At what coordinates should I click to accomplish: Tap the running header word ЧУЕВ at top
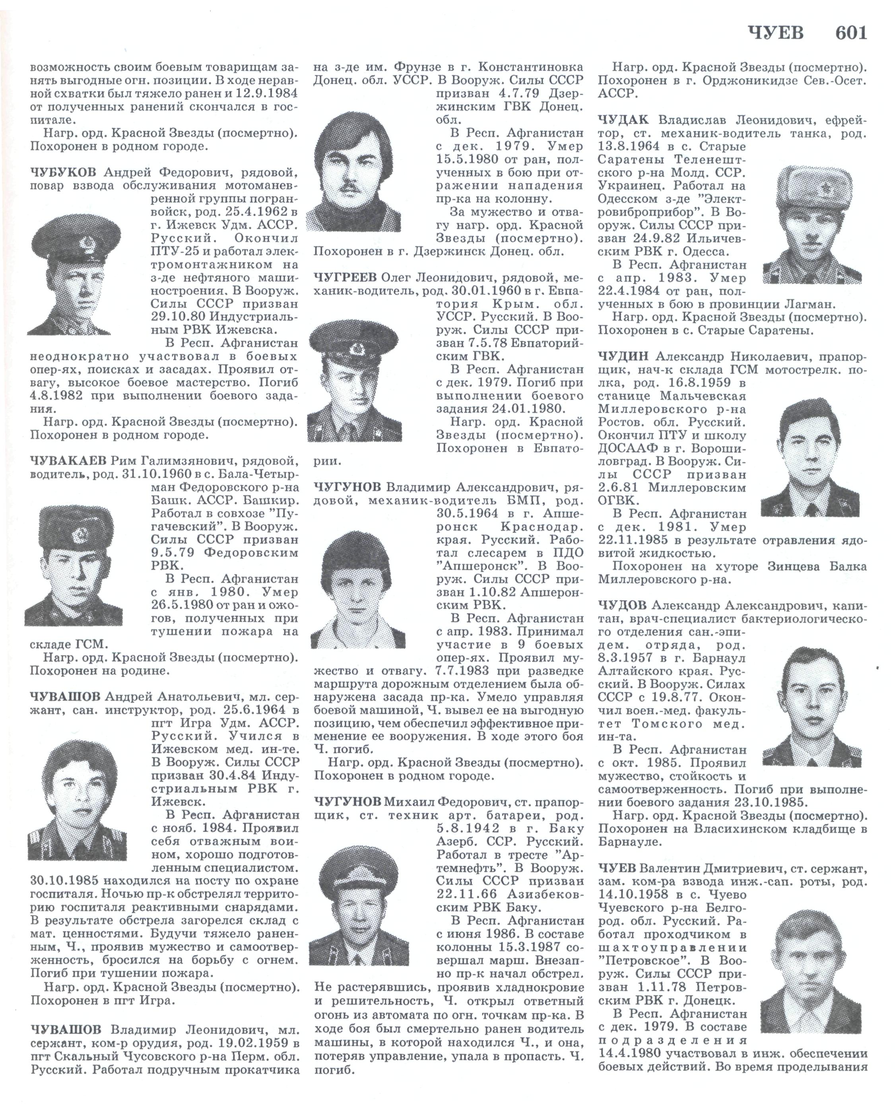point(775,33)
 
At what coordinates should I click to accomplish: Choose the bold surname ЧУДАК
point(625,120)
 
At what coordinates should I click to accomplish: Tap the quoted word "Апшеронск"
point(473,566)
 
